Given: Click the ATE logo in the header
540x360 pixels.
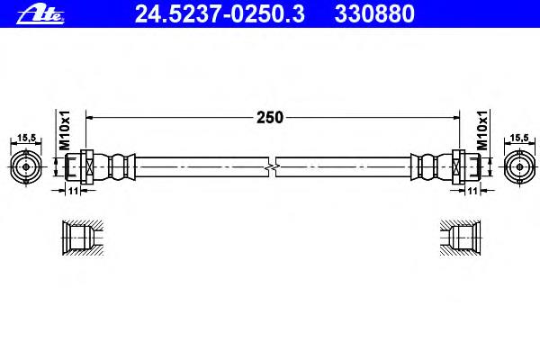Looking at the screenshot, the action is (40, 15).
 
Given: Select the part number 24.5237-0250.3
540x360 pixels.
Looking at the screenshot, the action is (220, 14).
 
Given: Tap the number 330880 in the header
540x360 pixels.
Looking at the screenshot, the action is (374, 14).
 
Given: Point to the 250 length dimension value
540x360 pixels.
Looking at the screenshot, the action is (270, 118).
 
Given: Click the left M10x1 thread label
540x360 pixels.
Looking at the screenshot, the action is (65, 130).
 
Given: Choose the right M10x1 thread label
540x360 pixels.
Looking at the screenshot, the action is (482, 130).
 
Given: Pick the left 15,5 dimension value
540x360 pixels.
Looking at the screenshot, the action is (26, 138).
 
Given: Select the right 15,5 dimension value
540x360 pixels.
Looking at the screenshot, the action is (519, 138).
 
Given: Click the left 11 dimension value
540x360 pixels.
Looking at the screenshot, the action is (73, 191).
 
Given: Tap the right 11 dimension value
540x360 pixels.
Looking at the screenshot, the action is (472, 191).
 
